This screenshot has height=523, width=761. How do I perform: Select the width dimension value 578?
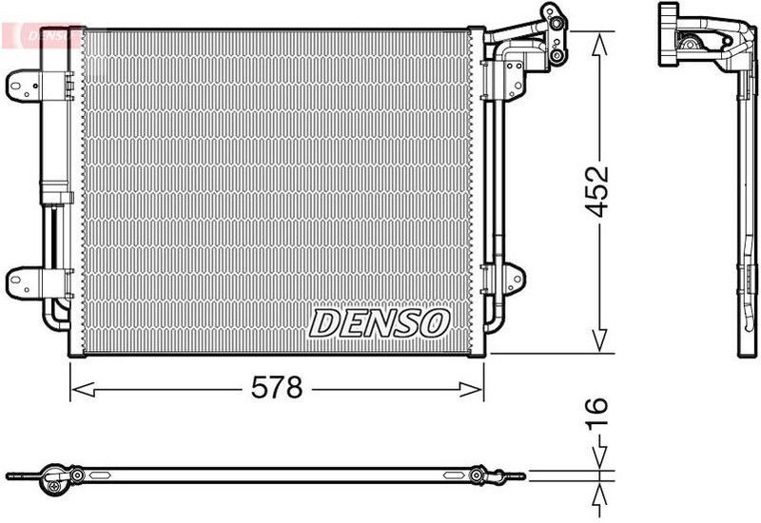(276, 387)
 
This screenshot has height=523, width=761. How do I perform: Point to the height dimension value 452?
(597, 192)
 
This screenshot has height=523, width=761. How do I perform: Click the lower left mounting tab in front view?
(23, 280)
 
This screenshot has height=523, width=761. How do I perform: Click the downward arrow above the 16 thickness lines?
(598, 458)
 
